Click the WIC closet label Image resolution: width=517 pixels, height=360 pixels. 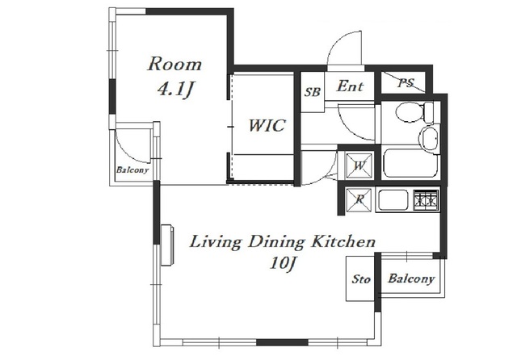pyautogui.click(x=267, y=125)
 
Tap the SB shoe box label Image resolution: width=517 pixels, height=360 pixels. pyautogui.click(x=312, y=92)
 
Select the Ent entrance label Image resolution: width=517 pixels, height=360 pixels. pyautogui.click(x=350, y=86)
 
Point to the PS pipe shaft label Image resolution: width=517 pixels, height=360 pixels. pyautogui.click(x=406, y=82)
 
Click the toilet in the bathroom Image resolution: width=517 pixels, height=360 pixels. pyautogui.click(x=414, y=112)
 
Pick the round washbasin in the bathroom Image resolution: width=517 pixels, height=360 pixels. pyautogui.click(x=429, y=138)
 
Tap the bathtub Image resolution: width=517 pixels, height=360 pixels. pyautogui.click(x=411, y=163)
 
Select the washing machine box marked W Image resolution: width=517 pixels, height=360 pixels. pyautogui.click(x=359, y=165)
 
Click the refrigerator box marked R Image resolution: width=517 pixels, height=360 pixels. pyautogui.click(x=359, y=199)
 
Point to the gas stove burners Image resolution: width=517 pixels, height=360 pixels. pyautogui.click(x=426, y=199)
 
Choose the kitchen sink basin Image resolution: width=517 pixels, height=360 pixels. pyautogui.click(x=393, y=199)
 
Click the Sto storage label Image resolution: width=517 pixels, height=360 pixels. pyautogui.click(x=361, y=279)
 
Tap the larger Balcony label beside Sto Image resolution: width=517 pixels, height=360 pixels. pyautogui.click(x=411, y=278)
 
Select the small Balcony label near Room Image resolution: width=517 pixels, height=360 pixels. pyautogui.click(x=132, y=170)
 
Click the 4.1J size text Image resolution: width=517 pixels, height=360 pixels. pyautogui.click(x=174, y=90)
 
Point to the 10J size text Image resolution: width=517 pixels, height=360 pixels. pyautogui.click(x=282, y=263)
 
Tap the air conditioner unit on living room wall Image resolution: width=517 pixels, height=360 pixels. pyautogui.click(x=167, y=245)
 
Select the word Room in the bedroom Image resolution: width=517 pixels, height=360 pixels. pyautogui.click(x=174, y=65)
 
